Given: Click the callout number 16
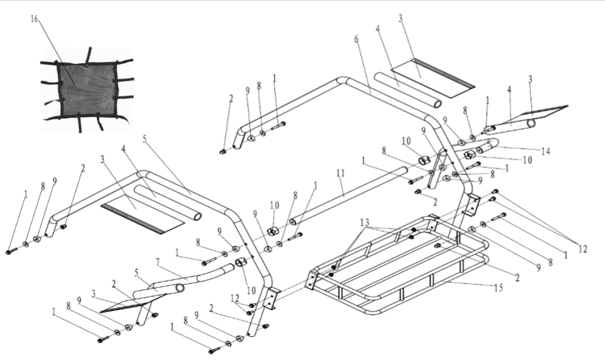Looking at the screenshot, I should [x=34, y=19].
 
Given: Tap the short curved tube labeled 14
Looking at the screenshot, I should [x=486, y=148].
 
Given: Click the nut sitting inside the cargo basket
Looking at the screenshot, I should [x=437, y=245].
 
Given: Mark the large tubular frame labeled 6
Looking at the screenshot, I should [x=389, y=97].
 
